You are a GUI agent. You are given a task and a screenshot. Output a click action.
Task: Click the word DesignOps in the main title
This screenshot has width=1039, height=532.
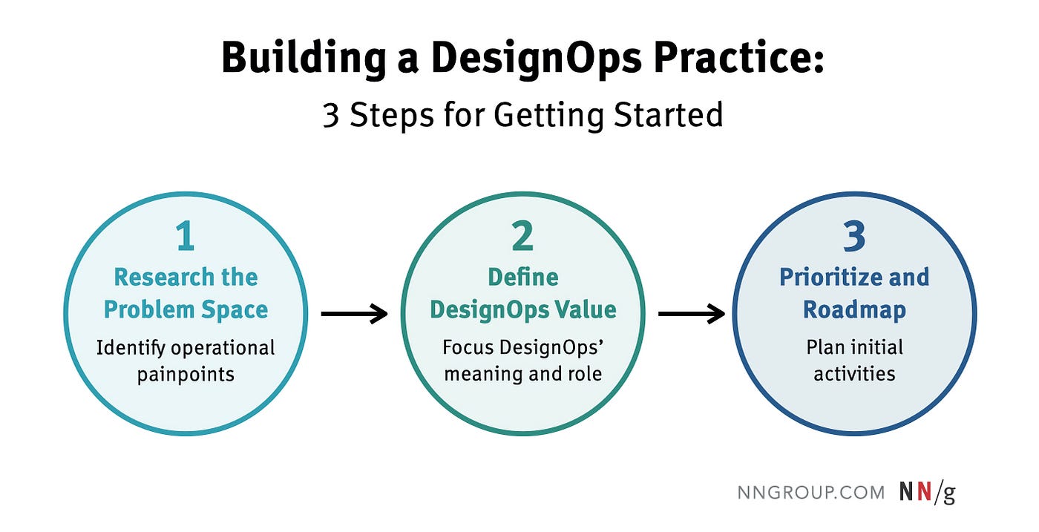pyautogui.click(x=536, y=59)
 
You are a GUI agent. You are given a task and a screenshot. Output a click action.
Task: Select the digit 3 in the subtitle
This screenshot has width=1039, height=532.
pyautogui.click(x=331, y=115)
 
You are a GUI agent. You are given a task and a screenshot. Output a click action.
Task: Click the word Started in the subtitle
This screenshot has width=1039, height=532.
pyautogui.click(x=669, y=114)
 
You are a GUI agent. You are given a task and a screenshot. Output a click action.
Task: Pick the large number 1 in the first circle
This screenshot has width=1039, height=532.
pyautogui.click(x=186, y=236)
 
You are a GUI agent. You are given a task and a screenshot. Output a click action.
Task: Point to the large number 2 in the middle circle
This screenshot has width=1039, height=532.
pyautogui.click(x=522, y=236)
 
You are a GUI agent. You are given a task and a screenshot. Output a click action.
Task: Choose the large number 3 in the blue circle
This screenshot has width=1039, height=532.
pyautogui.click(x=854, y=236)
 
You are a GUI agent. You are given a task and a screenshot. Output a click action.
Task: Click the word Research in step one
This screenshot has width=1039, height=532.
pyautogui.click(x=164, y=278)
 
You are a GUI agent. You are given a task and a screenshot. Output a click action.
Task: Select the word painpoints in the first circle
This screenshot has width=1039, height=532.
pyautogui.click(x=186, y=375)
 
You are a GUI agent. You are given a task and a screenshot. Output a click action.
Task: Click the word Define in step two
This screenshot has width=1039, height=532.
pyautogui.click(x=523, y=278)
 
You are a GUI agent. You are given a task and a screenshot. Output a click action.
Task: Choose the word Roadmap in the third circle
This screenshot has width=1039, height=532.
pyautogui.click(x=854, y=310)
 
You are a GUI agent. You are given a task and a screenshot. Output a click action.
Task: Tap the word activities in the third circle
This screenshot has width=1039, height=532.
pyautogui.click(x=854, y=374)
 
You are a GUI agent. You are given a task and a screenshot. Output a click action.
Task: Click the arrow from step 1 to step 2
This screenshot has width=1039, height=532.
pyautogui.click(x=355, y=314)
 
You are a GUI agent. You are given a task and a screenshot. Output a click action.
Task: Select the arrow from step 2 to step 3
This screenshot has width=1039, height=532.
pyautogui.click(x=692, y=314)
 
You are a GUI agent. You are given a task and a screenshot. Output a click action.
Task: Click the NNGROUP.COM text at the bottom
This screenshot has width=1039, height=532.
pyautogui.click(x=811, y=493)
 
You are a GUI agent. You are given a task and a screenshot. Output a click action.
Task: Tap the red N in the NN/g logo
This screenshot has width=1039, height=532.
pyautogui.click(x=924, y=492)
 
